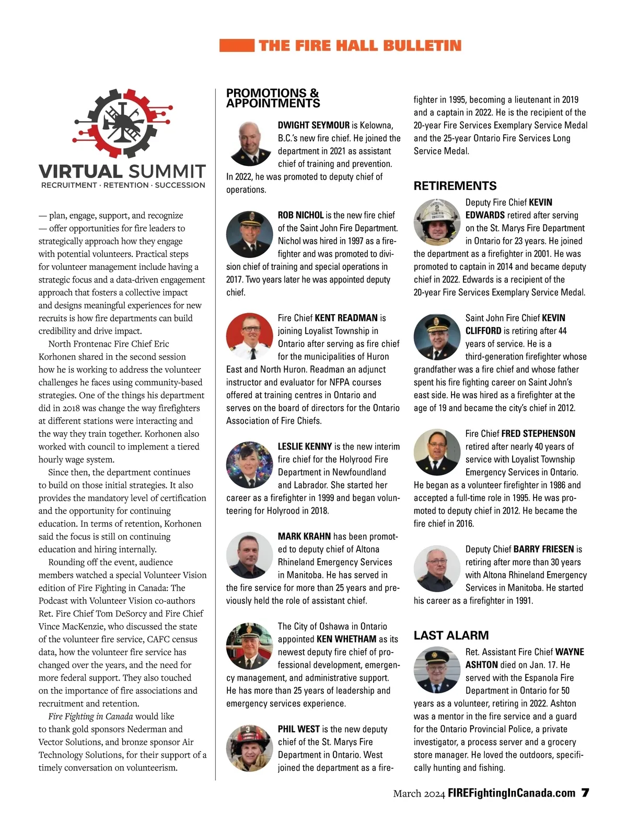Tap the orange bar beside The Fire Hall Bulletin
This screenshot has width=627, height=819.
(237, 45)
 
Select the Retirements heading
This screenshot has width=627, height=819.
(455, 186)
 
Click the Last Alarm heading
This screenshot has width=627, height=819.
(451, 635)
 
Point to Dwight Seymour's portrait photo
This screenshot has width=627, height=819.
(249, 144)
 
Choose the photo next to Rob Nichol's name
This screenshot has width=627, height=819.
(249, 234)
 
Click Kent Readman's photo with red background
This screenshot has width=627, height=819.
(249, 337)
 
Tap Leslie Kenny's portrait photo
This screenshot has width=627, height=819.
(249, 466)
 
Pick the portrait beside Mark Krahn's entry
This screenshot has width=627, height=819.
(249, 555)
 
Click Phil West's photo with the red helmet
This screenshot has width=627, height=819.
(249, 748)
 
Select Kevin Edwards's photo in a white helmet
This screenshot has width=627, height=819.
(437, 222)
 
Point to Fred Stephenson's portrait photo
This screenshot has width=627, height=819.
(437, 453)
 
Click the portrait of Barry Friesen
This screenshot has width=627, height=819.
(437, 568)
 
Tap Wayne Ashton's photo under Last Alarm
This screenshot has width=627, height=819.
(437, 671)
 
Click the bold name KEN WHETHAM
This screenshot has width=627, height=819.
(346, 639)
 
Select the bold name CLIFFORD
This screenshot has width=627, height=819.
(483, 331)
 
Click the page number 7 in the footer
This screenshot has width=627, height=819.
(585, 793)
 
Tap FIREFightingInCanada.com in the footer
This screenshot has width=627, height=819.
(512, 793)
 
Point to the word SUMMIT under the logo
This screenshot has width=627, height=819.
(167, 171)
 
